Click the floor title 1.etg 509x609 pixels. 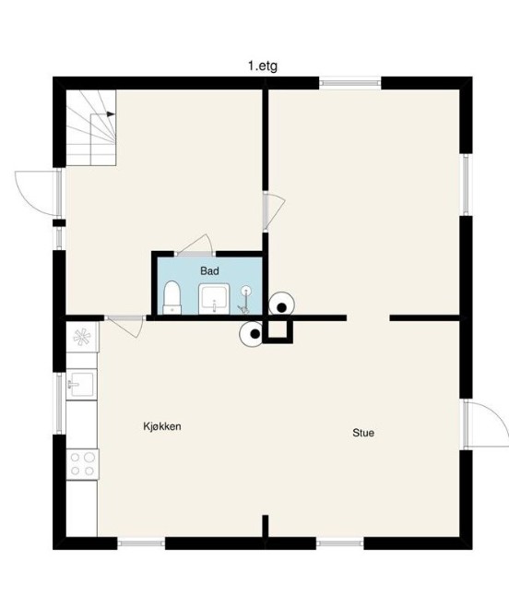click(263, 66)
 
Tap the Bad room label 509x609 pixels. click(209, 270)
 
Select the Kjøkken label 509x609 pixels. click(162, 426)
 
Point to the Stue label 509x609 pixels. click(363, 433)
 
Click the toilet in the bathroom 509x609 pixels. click(172, 297)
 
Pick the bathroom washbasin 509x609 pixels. click(214, 299)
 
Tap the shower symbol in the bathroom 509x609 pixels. click(245, 300)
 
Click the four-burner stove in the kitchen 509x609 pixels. click(82, 464)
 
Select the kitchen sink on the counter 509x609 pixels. click(81, 384)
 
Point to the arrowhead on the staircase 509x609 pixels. click(111, 114)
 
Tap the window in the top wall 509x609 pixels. click(350, 83)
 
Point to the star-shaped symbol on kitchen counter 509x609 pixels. click(82, 337)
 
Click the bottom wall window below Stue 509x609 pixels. click(339, 543)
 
